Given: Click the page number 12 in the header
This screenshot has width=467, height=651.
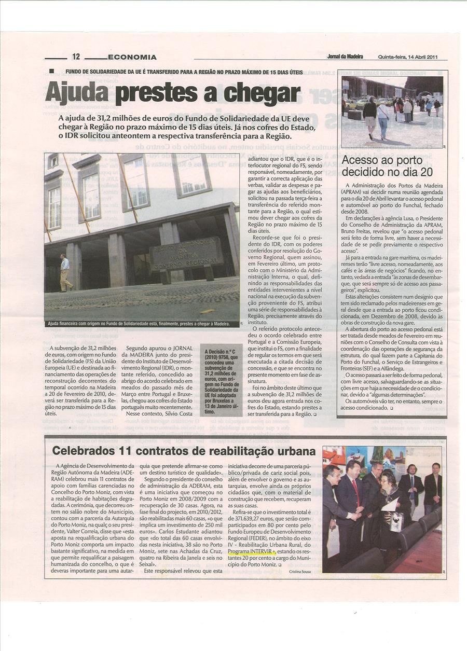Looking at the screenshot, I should (76, 57).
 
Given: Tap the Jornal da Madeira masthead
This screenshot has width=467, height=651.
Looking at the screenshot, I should (345, 57).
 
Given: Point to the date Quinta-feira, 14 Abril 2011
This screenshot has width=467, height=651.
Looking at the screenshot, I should (408, 57).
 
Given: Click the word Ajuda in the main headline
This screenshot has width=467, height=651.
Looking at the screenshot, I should (77, 93).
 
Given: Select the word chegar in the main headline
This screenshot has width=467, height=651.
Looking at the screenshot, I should (263, 94).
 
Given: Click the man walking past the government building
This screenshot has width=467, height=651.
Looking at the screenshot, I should (65, 273).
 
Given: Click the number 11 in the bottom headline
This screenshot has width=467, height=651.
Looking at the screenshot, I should (133, 451).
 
